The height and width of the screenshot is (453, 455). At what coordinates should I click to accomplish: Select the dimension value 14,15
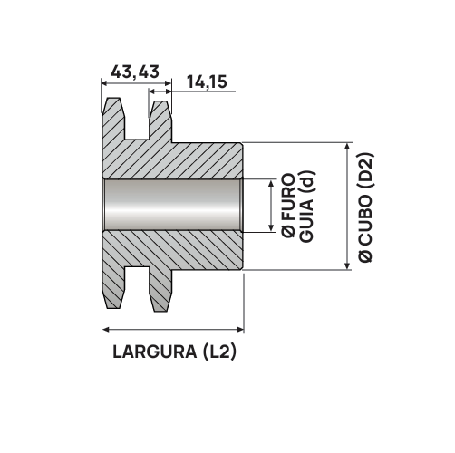click(x=208, y=82)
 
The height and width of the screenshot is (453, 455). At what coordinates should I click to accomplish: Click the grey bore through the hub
click(x=172, y=206)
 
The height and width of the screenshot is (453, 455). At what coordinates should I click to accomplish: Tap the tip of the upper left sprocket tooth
click(x=113, y=101)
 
